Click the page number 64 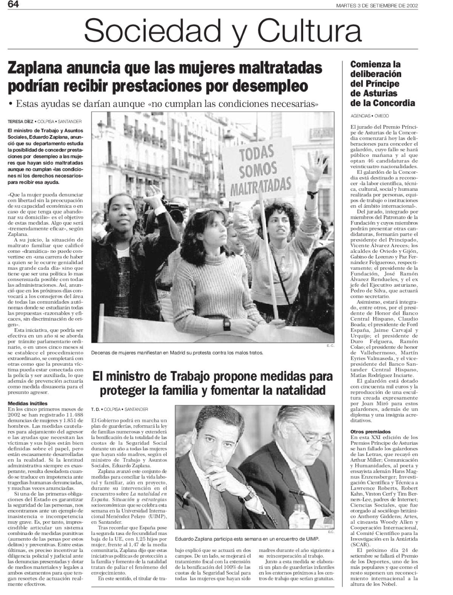[x=8, y=4]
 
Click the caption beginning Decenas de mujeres [x=177, y=353]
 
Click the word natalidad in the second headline [x=297, y=390]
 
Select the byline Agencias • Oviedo [x=370, y=116]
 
